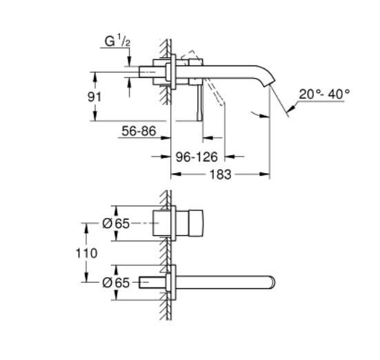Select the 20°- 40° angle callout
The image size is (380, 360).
coord(324,94)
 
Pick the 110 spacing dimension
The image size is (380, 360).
coord(86,252)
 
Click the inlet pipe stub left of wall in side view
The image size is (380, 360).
coord(150,72)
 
